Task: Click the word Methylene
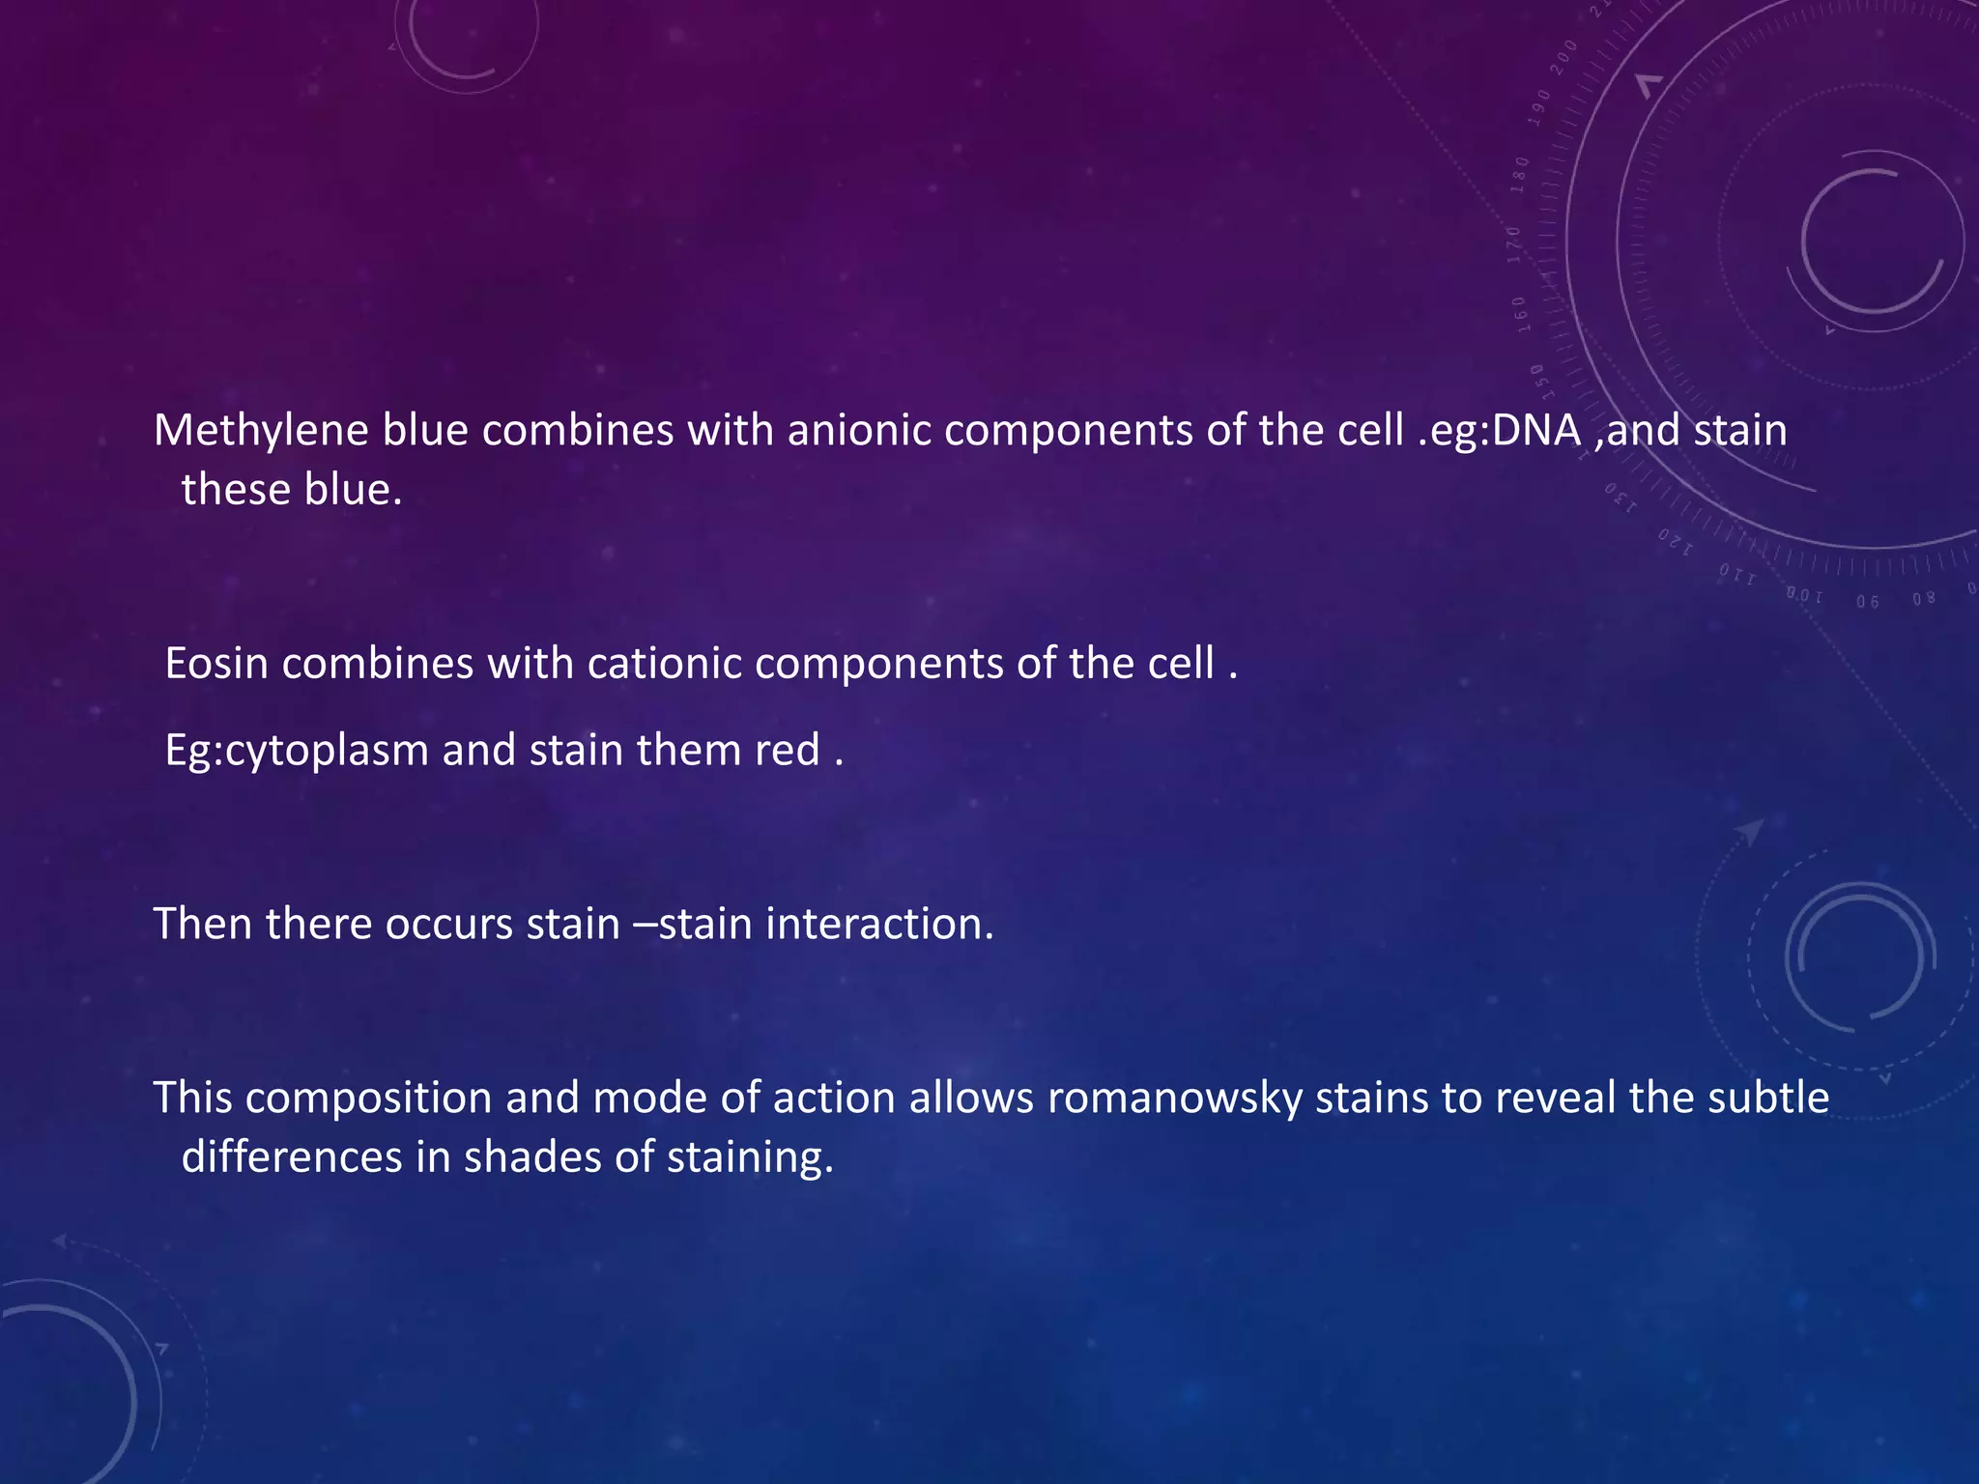[261, 431]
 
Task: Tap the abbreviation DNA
[1536, 431]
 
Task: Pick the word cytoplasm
[327, 751]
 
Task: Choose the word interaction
[879, 924]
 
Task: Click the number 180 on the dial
[1520, 175]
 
